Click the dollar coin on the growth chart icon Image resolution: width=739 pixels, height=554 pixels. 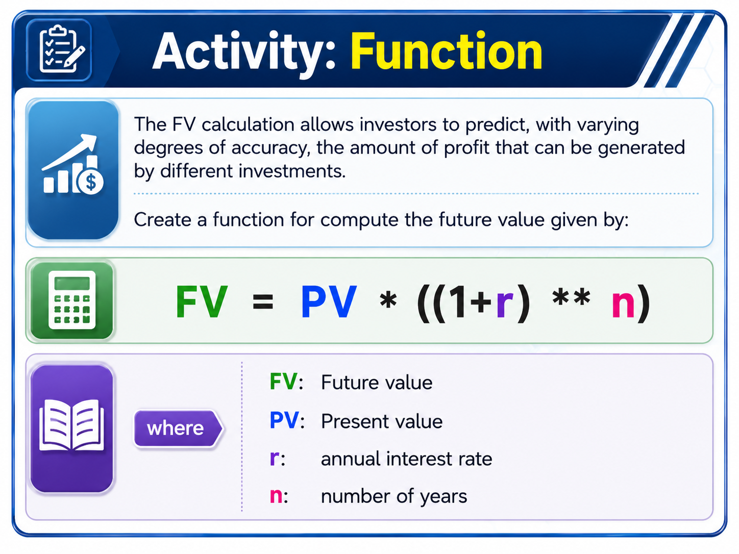90,182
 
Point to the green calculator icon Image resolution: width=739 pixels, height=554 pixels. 72,300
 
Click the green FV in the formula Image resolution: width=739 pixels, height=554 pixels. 202,300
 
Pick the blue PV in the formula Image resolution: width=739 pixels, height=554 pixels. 329,300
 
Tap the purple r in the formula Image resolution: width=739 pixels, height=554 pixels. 505,305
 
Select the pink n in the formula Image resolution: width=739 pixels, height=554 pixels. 623,305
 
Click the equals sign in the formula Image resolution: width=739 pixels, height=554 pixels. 263,301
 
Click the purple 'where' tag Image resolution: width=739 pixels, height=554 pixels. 178,428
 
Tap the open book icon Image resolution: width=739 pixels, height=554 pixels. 71,425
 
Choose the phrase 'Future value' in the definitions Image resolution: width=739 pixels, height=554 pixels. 377,383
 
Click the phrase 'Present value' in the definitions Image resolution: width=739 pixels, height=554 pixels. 382,421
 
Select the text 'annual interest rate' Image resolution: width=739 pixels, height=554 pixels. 406,459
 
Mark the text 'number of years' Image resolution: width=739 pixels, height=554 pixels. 394,496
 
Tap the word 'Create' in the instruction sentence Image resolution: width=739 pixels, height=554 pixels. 163,220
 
